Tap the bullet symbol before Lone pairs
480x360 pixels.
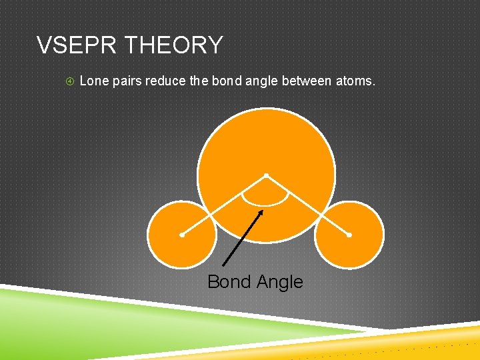tap(70, 81)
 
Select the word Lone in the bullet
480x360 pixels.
tap(93, 81)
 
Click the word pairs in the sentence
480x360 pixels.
tap(127, 81)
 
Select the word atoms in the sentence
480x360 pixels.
tap(356, 81)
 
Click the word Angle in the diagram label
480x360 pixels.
tap(279, 282)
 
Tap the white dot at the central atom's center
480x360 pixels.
tap(265, 176)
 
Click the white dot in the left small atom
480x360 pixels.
tap(182, 235)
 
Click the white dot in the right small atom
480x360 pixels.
tap(349, 235)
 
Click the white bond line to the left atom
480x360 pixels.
tap(223, 205)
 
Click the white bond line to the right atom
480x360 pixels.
tap(307, 205)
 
